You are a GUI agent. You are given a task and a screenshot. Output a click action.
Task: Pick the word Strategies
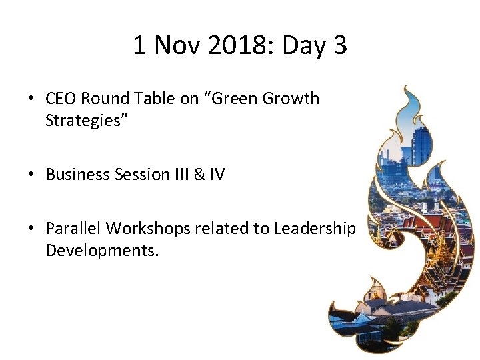(x=82, y=121)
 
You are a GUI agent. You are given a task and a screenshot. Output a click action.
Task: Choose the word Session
(x=133, y=175)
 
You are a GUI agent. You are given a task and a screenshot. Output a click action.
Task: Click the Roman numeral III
(x=175, y=175)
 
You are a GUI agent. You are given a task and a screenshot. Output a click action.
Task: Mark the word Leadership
(x=315, y=229)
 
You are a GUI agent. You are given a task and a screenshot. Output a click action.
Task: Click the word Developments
(x=102, y=251)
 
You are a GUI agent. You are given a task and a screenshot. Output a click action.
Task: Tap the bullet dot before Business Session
(x=32, y=175)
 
